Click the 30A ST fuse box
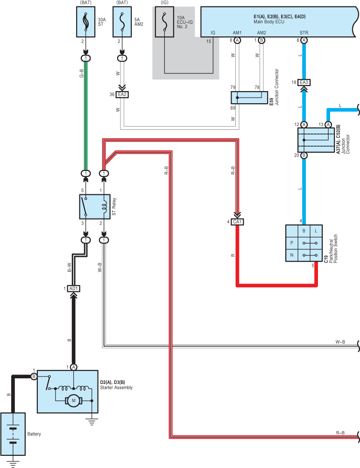pos(86,22)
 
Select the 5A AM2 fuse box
pos(122,22)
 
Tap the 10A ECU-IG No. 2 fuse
pos(164,22)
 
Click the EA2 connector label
pos(122,95)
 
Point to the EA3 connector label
pos(304,82)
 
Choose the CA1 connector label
pos(237,222)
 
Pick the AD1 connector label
pos(73,289)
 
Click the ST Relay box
pos(95,207)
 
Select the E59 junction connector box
pos(249,98)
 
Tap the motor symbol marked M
pos(74,401)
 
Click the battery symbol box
pos(13,434)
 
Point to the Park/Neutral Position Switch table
pos(304,243)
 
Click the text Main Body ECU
pos(269,22)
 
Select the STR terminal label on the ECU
pos(304,33)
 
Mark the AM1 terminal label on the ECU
pos(237,33)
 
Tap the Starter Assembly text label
pos(116,387)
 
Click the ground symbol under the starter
pos(92,422)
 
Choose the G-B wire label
pos(81,73)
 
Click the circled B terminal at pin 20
pos(304,155)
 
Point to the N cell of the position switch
pos(292,255)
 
